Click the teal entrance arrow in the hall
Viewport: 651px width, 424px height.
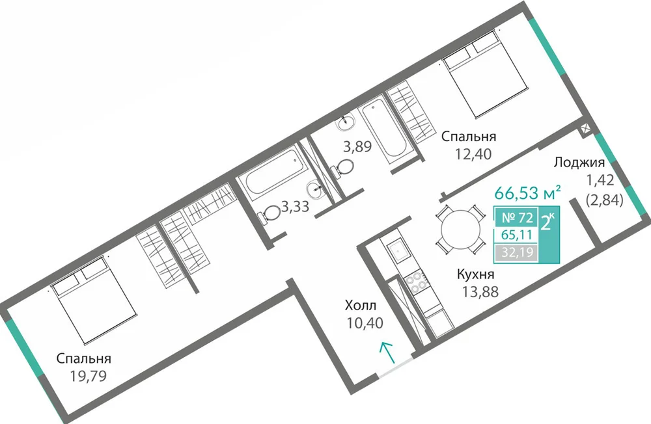(x=388, y=352)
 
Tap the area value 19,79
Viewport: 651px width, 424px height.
(x=89, y=376)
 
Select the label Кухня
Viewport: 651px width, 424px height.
(x=475, y=274)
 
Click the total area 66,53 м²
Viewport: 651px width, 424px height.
(x=528, y=193)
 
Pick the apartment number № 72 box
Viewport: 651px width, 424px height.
(x=517, y=217)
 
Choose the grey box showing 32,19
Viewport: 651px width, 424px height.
(x=517, y=252)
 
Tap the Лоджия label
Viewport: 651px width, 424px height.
(x=579, y=162)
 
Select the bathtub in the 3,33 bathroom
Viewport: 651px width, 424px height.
(x=271, y=171)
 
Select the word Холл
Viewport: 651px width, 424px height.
(x=361, y=306)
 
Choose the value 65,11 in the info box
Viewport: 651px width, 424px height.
(x=517, y=235)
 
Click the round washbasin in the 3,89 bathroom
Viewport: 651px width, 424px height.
(x=346, y=122)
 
